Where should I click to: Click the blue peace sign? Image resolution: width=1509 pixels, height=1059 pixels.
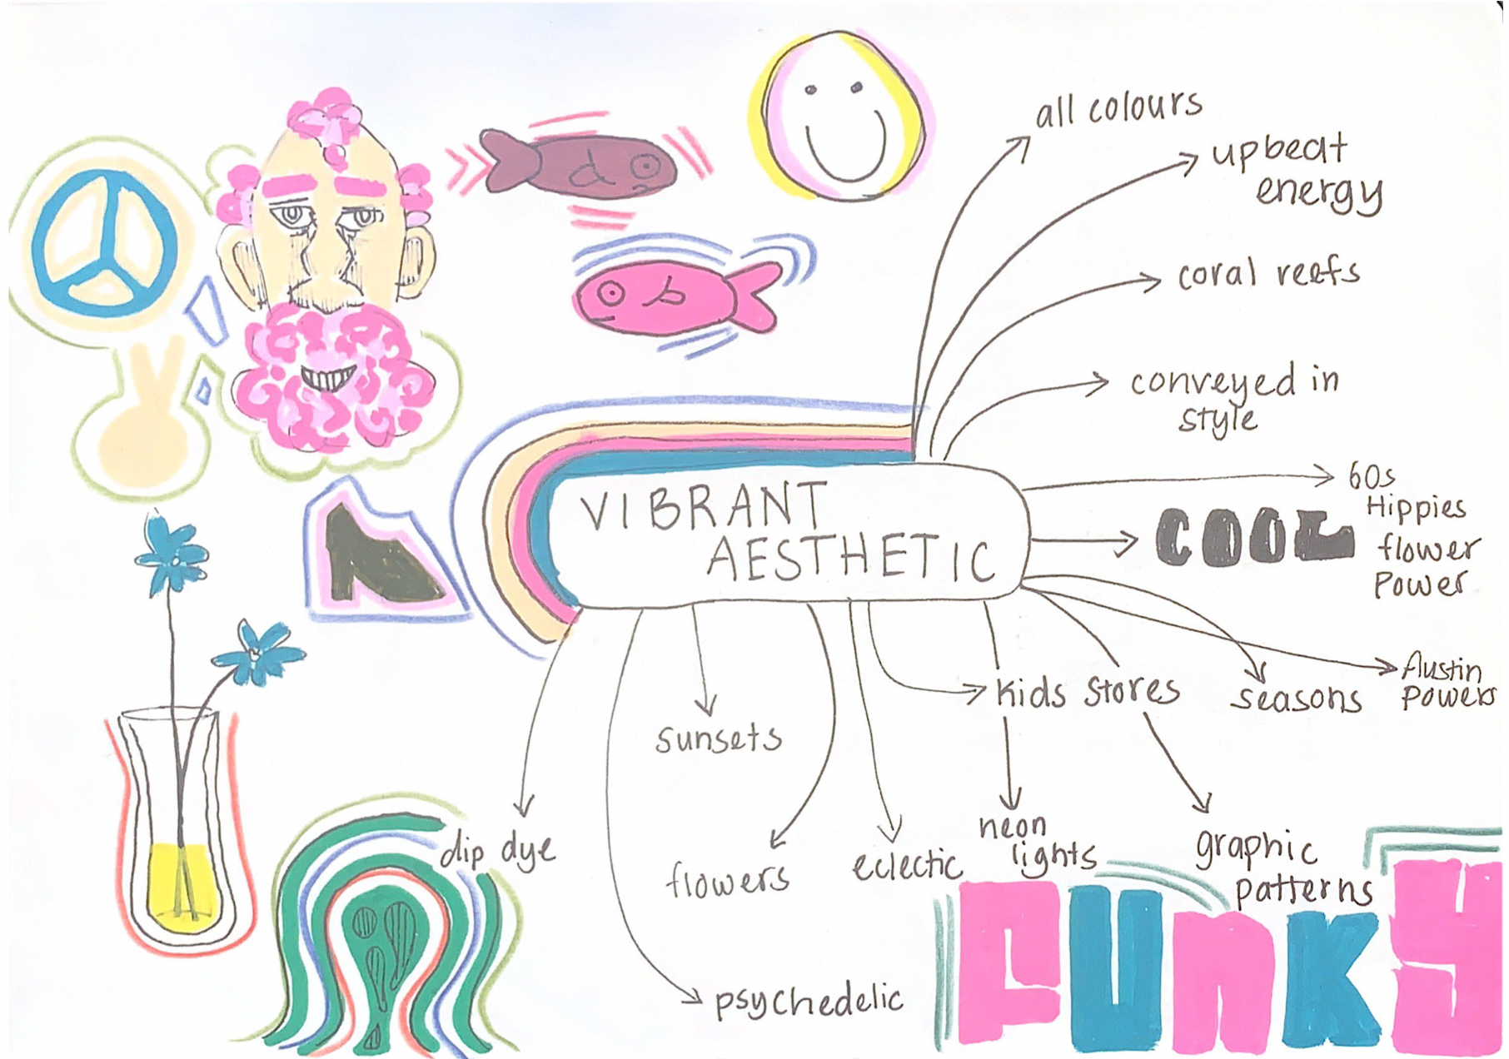coord(104,242)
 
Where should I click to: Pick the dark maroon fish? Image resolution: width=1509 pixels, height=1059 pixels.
coord(583,164)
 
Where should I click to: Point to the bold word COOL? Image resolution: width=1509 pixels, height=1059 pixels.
coord(1253,538)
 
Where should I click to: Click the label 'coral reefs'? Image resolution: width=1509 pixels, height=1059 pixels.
coord(1267,275)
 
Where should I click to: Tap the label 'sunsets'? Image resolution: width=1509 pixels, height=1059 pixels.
coord(718,738)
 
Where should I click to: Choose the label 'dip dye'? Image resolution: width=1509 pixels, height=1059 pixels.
coord(497,851)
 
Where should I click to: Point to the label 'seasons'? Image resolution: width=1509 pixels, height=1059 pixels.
coord(1296,698)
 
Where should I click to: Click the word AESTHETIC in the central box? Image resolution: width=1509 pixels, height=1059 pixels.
coord(849,558)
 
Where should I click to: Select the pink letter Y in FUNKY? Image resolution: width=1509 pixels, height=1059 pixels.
coord(1445,957)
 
